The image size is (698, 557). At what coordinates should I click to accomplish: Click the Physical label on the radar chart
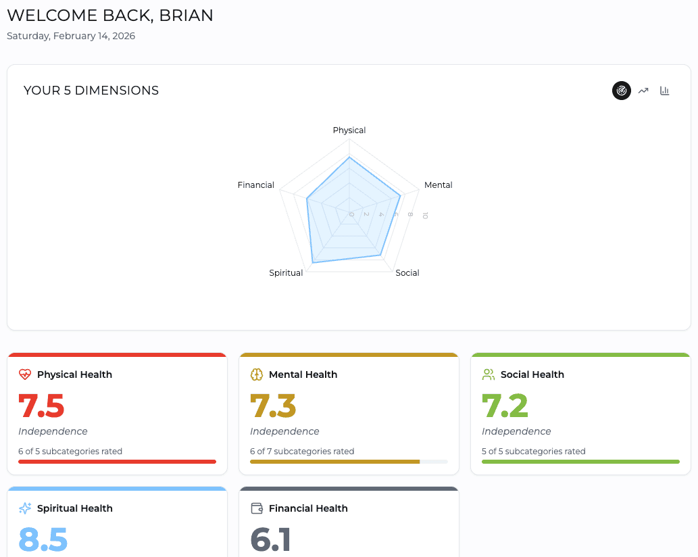pos(349,130)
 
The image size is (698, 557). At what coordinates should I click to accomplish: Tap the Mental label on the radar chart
pos(438,185)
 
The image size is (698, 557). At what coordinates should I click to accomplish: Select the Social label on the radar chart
pos(407,273)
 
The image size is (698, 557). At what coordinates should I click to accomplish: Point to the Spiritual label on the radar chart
pos(286,273)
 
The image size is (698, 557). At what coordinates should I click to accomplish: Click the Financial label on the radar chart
pos(256,185)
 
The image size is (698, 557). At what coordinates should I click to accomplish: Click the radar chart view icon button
pos(622,91)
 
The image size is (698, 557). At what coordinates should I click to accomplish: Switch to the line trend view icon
pos(643,91)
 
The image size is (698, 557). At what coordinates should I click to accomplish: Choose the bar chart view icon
pos(665,91)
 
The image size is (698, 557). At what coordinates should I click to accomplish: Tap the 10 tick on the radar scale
pos(425,215)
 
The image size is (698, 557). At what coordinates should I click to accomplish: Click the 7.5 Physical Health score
pos(41,406)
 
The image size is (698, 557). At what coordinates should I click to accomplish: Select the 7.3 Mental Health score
pos(273,406)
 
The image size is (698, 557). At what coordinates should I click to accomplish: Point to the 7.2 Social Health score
pos(505,406)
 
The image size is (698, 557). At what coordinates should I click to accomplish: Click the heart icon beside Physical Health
pos(25,374)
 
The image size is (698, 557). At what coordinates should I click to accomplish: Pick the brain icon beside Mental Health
pos(257,374)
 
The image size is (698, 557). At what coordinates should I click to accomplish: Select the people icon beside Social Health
pos(489,374)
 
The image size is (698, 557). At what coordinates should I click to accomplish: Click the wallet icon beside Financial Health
pos(257,508)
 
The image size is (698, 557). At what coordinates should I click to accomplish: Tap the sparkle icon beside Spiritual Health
pos(25,508)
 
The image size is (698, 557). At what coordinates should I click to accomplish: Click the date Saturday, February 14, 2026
pos(71,36)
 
